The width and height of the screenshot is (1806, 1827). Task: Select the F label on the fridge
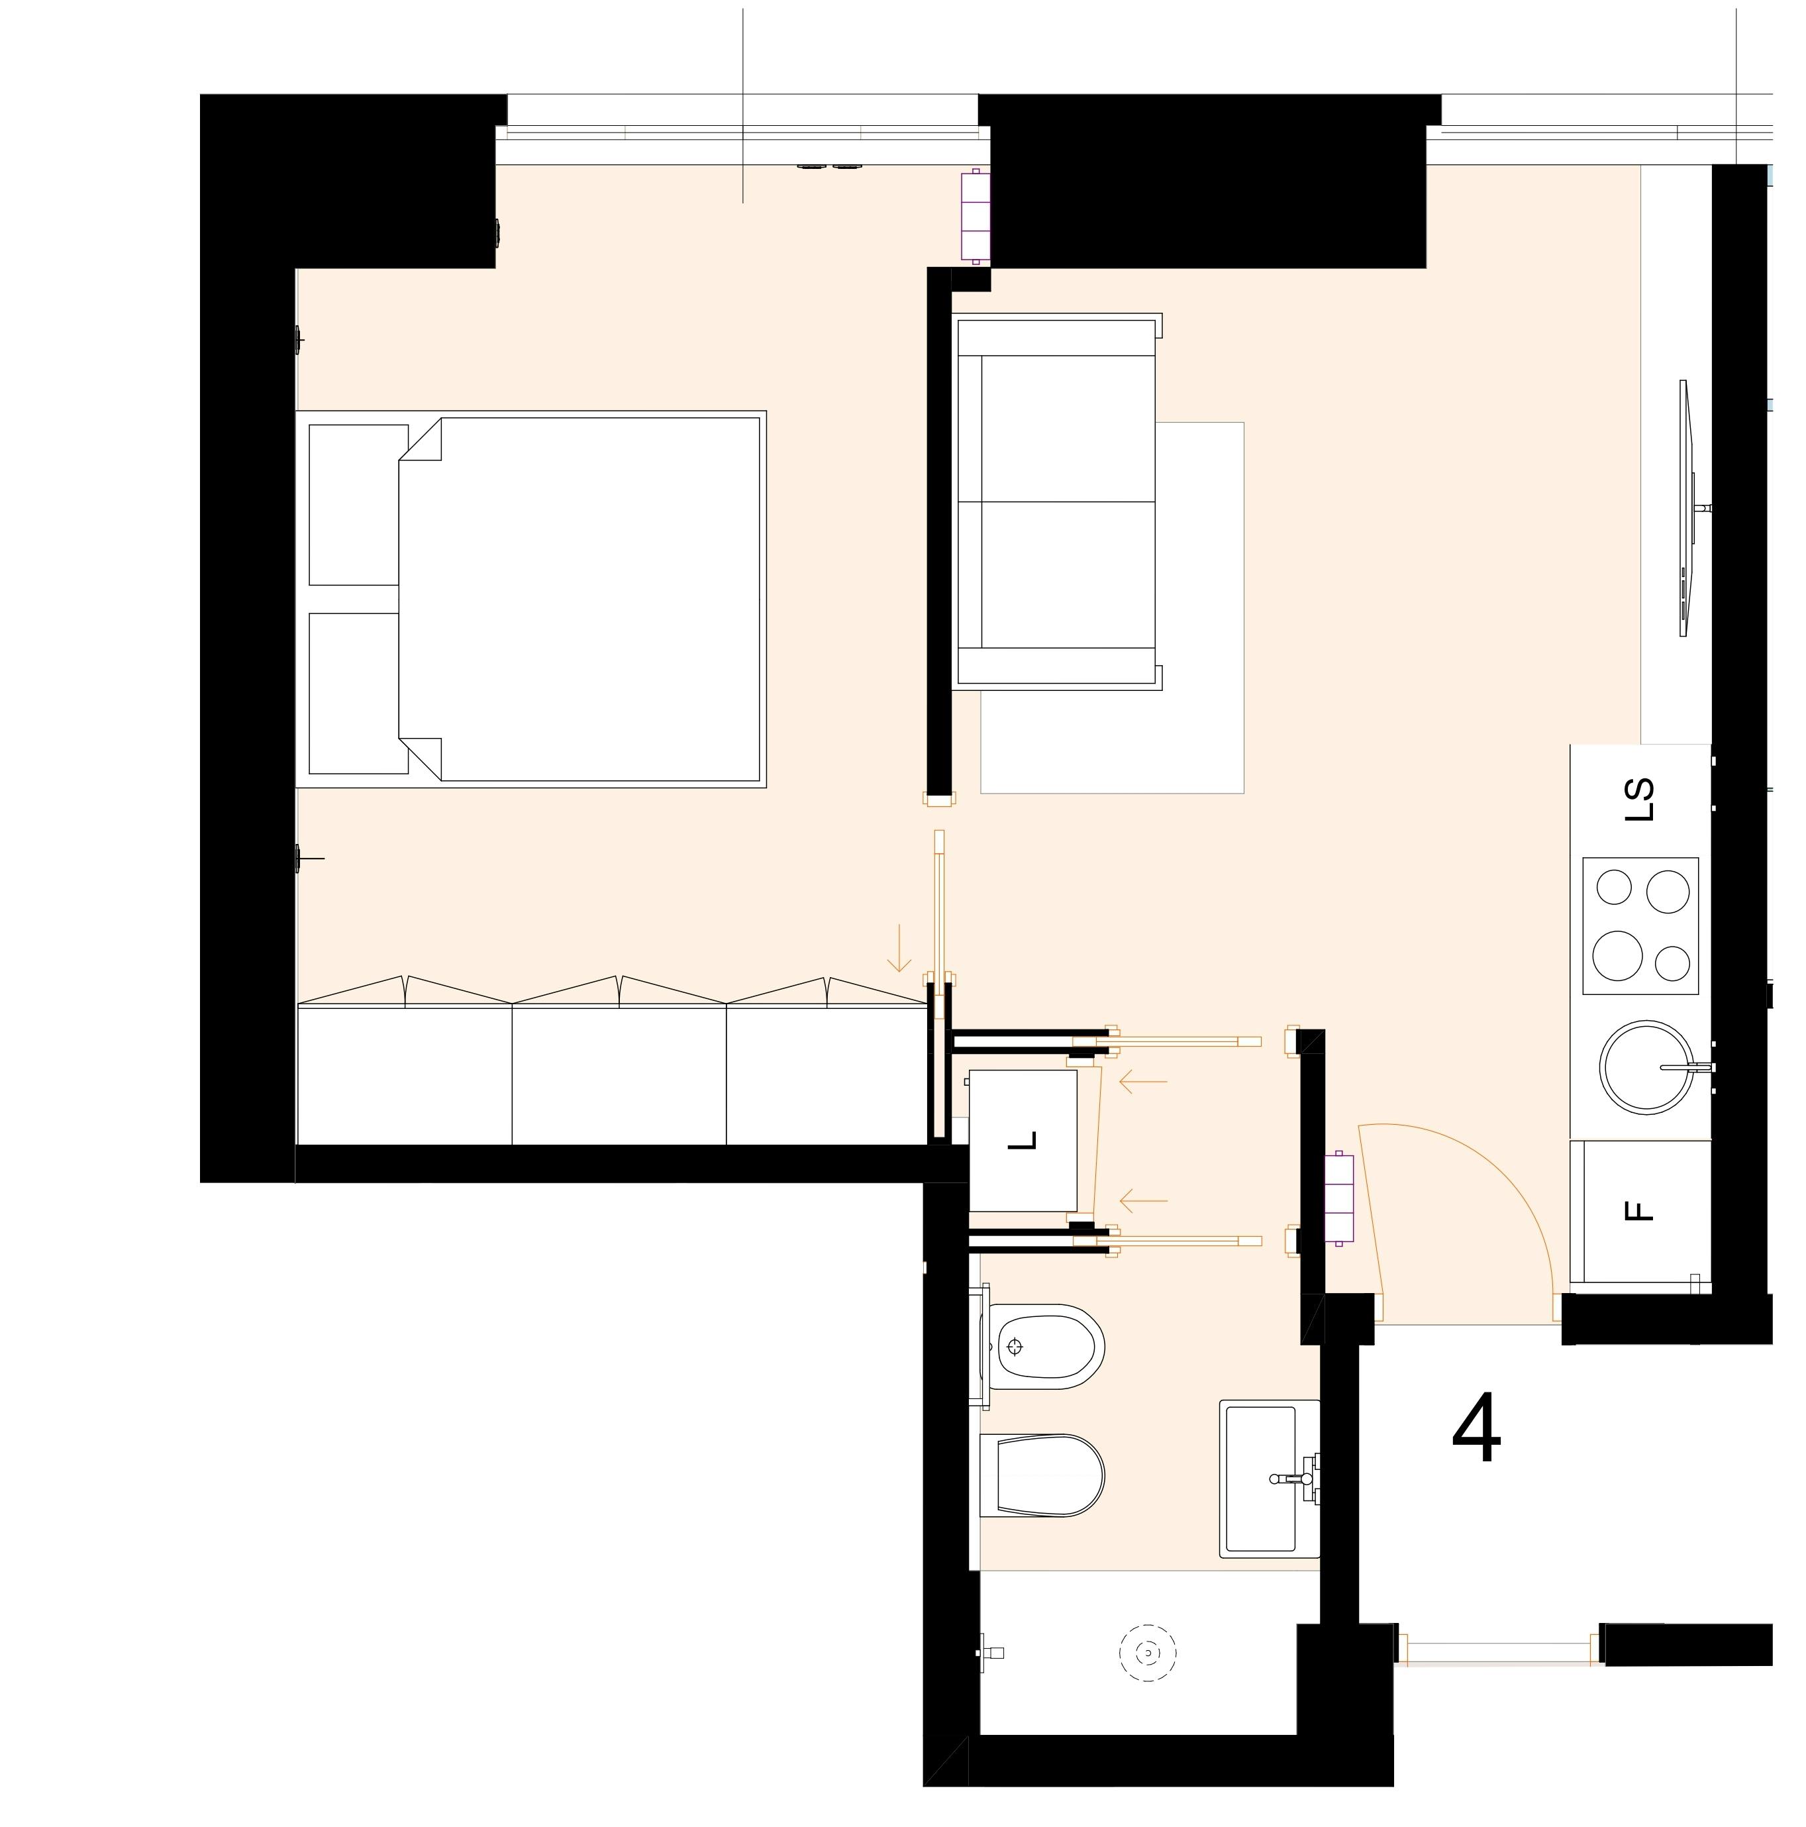[x=1643, y=1212]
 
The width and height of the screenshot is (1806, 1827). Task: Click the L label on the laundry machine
[x=1023, y=1142]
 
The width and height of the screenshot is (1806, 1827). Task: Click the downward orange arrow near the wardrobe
[x=898, y=949]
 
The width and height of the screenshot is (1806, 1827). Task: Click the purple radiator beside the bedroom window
[x=975, y=215]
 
